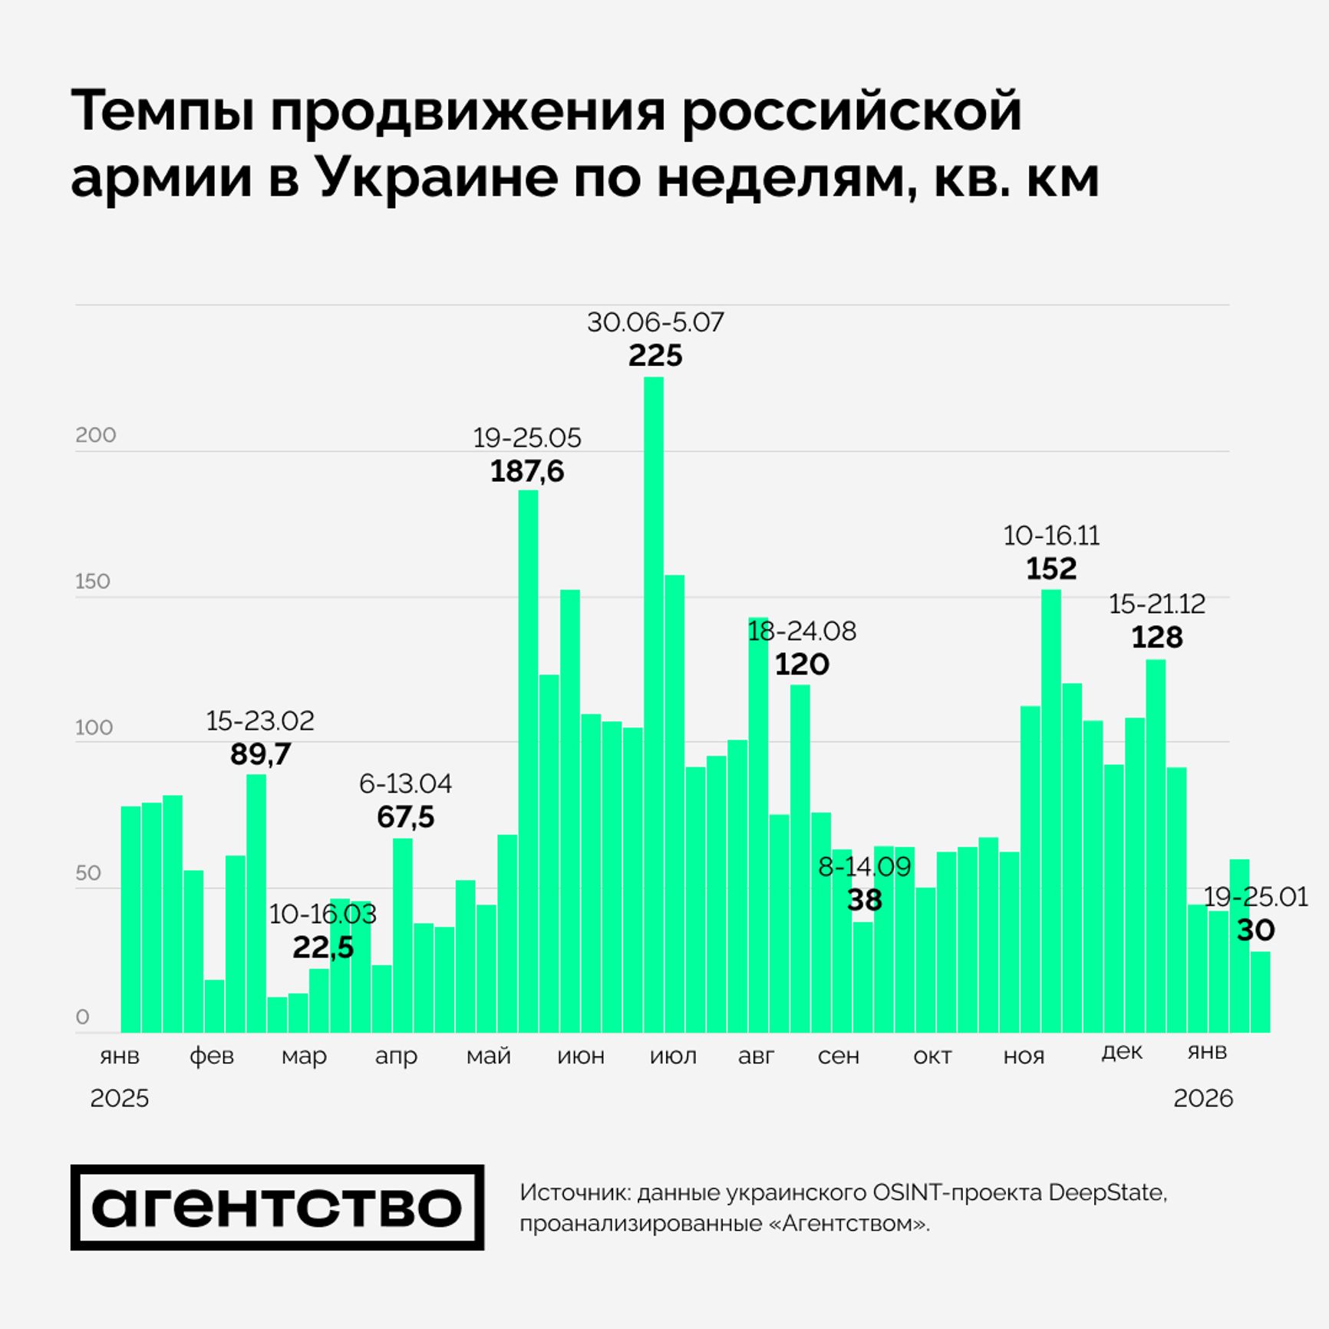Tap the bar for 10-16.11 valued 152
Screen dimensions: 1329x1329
tap(1051, 810)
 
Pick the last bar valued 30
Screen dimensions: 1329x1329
tap(1260, 991)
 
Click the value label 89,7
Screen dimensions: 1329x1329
tap(260, 754)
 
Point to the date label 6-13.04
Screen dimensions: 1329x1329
tap(405, 783)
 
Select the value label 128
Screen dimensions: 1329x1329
tap(1157, 638)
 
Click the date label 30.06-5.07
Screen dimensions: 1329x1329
tap(655, 322)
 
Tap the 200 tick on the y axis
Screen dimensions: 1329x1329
tap(96, 435)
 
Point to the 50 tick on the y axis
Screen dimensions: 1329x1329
tap(89, 872)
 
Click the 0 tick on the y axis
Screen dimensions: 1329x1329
tap(83, 1017)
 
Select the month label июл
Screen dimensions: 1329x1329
tap(673, 1056)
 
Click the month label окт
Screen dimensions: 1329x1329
tap(932, 1056)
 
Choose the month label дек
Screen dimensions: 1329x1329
tap(1122, 1051)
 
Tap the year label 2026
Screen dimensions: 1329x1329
tap(1202, 1098)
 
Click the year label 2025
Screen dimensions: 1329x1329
tap(119, 1098)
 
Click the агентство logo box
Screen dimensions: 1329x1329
tap(277, 1207)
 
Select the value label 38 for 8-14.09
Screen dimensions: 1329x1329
tap(864, 900)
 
